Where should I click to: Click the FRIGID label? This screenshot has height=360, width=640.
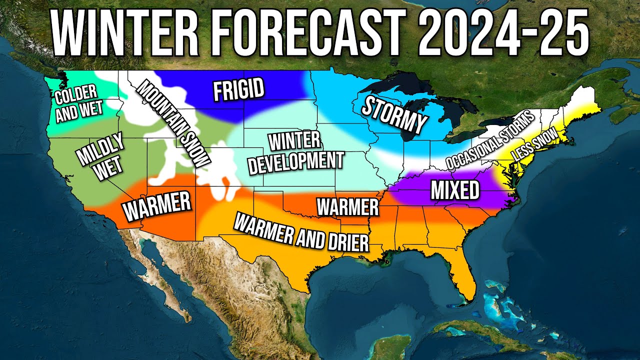tap(238, 90)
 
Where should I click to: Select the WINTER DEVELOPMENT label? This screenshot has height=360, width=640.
tap(295, 153)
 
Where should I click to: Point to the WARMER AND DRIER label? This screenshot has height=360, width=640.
tap(301, 231)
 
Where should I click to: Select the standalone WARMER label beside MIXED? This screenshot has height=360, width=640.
tap(348, 205)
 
